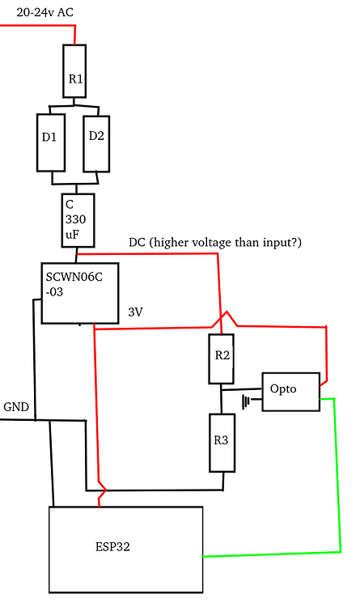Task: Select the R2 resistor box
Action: (x=222, y=359)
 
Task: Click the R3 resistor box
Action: (x=222, y=442)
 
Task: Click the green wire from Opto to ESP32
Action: (x=337, y=478)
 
